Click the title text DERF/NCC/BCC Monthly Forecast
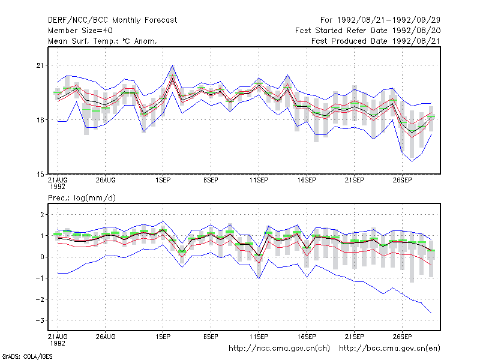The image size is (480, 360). (x=112, y=20)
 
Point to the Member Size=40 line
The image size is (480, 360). (x=80, y=31)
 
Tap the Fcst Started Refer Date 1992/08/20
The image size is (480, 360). (x=368, y=31)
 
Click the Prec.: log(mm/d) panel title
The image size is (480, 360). (x=82, y=198)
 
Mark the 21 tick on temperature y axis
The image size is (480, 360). (x=40, y=65)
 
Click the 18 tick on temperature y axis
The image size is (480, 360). (x=40, y=119)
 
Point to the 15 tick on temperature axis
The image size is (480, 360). (x=40, y=174)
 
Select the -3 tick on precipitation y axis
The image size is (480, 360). (x=40, y=320)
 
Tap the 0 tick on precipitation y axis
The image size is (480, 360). (x=42, y=257)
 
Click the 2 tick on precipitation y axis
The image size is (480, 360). (x=42, y=215)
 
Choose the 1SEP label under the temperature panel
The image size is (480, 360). (x=163, y=181)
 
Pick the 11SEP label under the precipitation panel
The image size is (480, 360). (x=259, y=337)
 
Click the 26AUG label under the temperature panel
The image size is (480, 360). (x=106, y=181)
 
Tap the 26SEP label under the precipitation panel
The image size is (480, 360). (x=402, y=337)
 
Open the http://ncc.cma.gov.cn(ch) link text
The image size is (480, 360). (x=279, y=349)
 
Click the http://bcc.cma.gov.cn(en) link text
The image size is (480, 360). (x=389, y=349)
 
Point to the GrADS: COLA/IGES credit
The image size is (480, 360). (x=27, y=356)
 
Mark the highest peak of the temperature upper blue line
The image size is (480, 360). (x=173, y=65)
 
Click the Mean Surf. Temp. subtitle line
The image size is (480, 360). (x=103, y=41)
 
